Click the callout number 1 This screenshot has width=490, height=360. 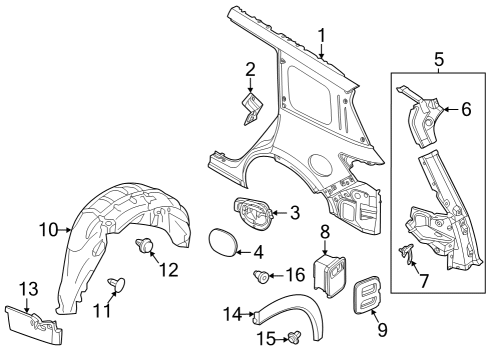point(321,38)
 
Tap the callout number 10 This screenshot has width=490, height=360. point(47,230)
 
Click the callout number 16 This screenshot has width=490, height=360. point(296,274)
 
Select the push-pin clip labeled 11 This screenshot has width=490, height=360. point(117,286)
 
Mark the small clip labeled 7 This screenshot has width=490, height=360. point(408,255)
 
